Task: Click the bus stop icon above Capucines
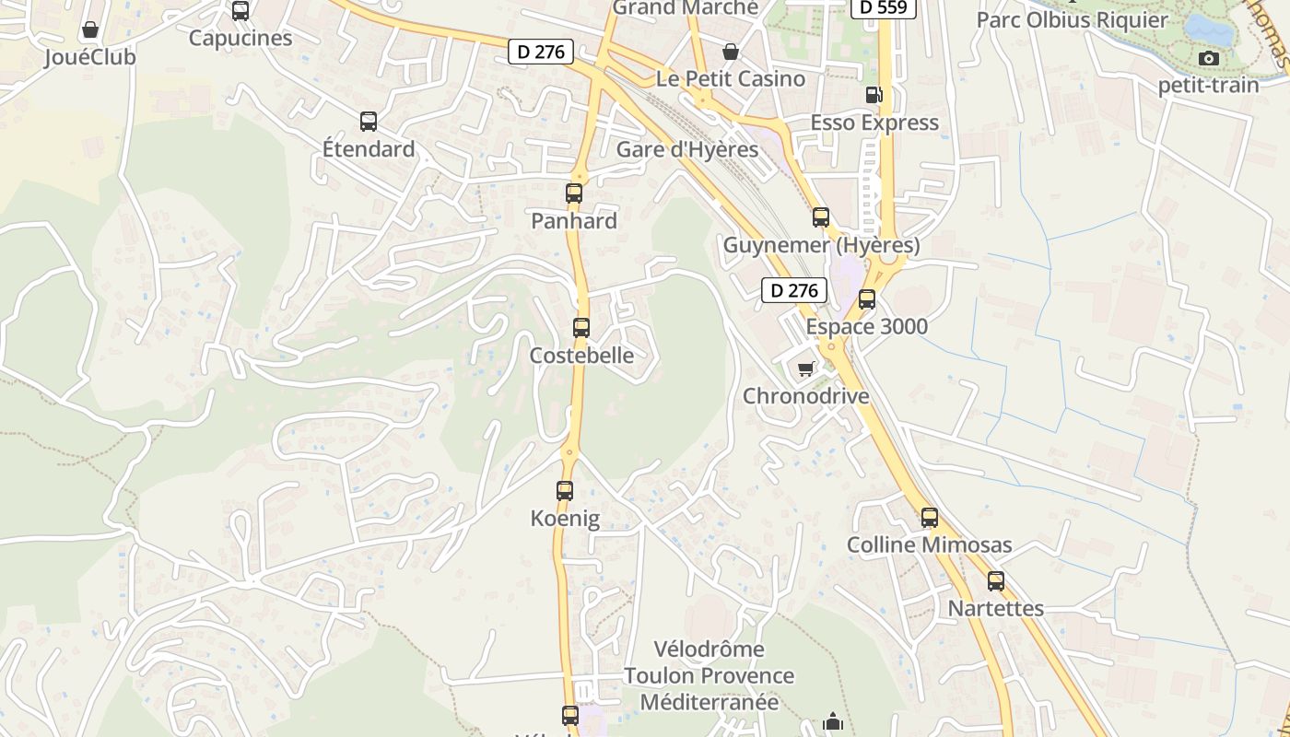[240, 11]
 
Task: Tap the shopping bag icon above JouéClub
[90, 30]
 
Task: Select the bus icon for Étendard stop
[369, 122]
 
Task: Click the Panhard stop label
[574, 221]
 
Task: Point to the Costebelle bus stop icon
[581, 328]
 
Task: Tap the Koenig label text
[565, 519]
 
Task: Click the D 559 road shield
[883, 7]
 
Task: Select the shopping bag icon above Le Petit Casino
[731, 52]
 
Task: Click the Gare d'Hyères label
[687, 149]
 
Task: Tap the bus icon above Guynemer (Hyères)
[821, 217]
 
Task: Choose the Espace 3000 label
[867, 327]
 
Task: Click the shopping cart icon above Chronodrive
[806, 369]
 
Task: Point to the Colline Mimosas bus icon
[930, 518]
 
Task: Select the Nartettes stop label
[996, 609]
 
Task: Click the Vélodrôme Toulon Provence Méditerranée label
[709, 675]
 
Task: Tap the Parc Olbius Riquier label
[1073, 20]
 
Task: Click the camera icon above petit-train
[1209, 59]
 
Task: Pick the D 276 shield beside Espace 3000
[794, 291]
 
